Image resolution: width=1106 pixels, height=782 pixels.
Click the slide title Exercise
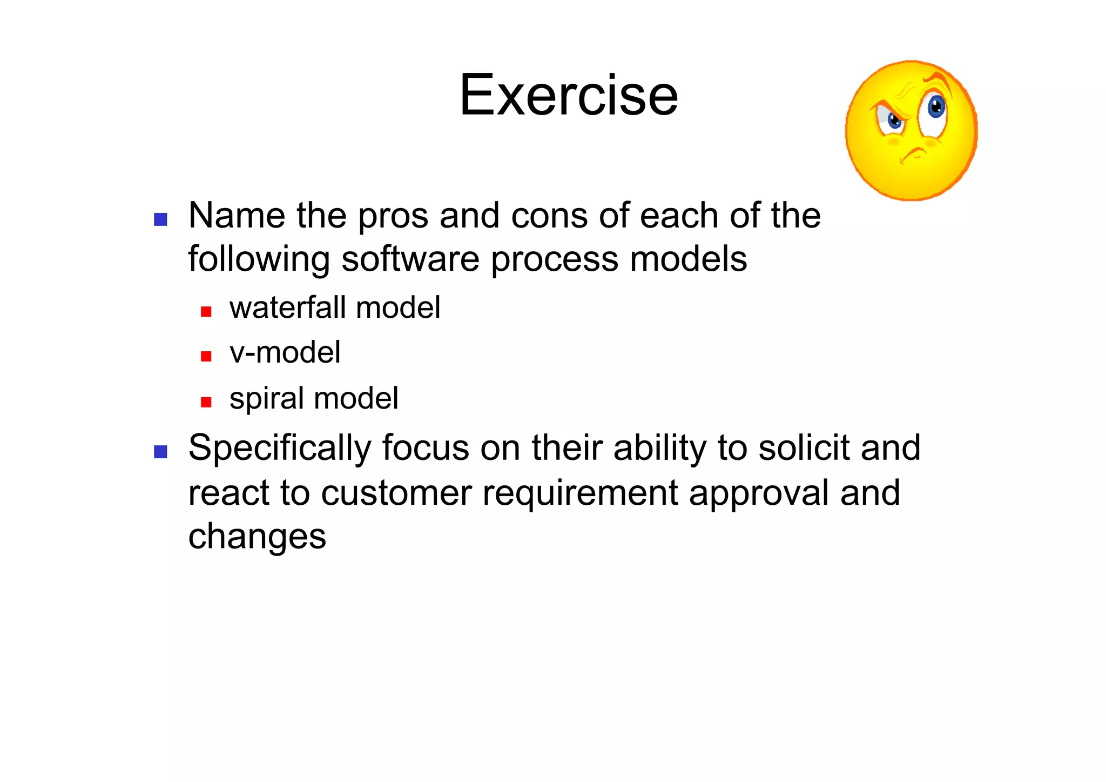[x=568, y=95]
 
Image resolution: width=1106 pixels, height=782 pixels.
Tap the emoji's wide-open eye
[x=935, y=108]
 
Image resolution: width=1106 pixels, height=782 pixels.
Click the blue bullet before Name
[x=160, y=219]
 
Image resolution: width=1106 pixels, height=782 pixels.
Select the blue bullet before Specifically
[x=160, y=452]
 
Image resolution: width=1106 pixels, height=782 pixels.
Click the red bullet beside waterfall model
[x=206, y=311]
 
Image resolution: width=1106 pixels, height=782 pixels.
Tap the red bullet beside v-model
[x=206, y=356]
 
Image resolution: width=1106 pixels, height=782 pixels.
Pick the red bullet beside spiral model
[x=206, y=402]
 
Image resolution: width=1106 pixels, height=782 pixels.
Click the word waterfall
[x=287, y=308]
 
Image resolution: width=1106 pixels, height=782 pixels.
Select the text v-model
[x=285, y=353]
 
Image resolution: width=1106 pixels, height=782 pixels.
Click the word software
[x=410, y=259]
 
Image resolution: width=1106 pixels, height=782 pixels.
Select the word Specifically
[x=280, y=449]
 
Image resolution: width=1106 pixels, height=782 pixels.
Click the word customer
[x=396, y=493]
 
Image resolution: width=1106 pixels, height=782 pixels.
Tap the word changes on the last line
[x=257, y=537]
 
